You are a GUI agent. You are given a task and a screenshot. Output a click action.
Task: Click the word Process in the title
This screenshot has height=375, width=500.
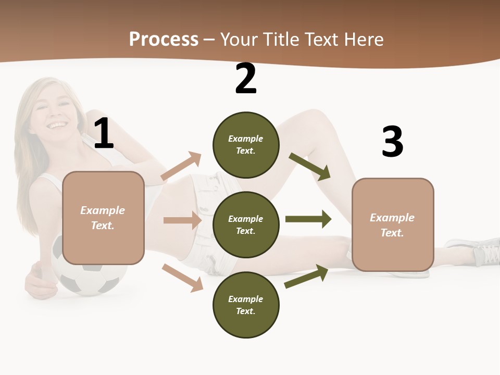pos(164,40)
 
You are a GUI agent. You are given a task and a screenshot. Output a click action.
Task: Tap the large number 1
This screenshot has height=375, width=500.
pos(104,134)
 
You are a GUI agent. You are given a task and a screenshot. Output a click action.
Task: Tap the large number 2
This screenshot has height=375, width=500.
pos(246,79)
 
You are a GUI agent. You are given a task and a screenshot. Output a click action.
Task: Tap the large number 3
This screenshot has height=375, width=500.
pos(392,142)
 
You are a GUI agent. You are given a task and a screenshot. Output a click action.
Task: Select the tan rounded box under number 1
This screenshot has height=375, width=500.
pos(103,218)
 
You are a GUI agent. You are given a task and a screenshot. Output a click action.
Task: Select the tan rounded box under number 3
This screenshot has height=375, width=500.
pos(393,225)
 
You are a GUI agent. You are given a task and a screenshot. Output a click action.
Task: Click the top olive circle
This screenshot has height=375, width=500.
pos(246,145)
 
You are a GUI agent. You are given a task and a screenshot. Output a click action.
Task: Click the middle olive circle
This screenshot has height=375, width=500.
pos(246,225)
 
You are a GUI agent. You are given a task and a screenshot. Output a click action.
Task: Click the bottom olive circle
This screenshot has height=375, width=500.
pos(246,305)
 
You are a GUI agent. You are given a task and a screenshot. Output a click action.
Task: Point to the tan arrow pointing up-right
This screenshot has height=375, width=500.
pos(181,166)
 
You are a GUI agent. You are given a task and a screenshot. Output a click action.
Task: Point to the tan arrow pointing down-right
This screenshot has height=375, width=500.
pos(182,277)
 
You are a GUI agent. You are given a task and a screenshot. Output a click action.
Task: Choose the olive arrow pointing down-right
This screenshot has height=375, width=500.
pos(310,167)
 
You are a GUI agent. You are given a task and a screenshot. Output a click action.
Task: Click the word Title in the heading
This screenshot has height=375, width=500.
pos(282,40)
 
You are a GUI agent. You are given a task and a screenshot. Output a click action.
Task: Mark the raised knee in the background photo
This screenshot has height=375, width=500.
pos(312,117)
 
